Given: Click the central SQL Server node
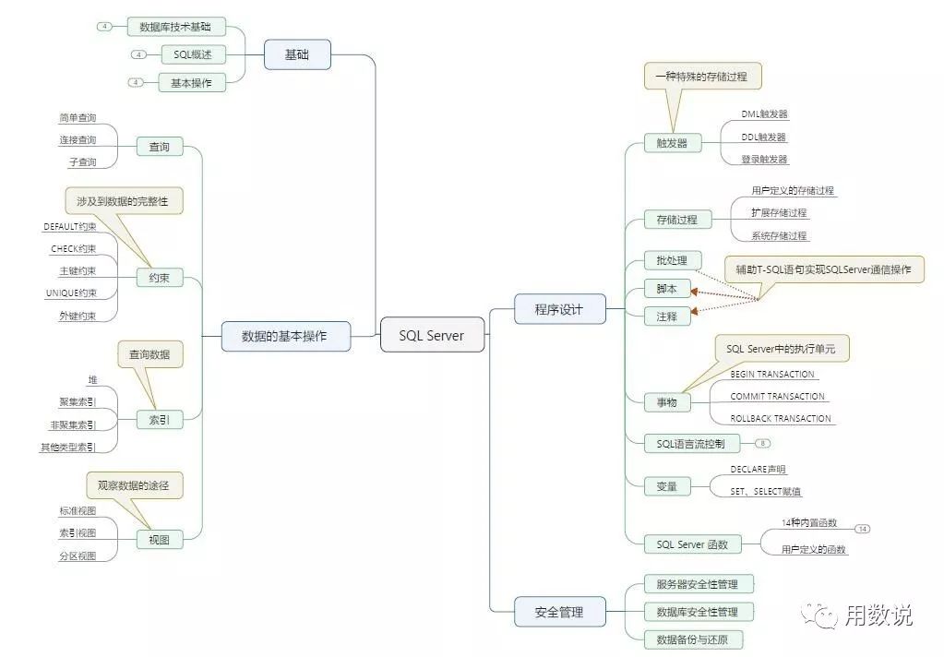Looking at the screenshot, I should click(432, 336).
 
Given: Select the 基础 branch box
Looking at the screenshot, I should click(297, 54).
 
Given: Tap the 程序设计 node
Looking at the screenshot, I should click(559, 309).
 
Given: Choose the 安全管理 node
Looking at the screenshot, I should click(559, 611).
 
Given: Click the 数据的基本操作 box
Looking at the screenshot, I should click(285, 336).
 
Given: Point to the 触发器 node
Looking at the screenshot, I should click(672, 143).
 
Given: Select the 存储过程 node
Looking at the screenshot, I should click(677, 220).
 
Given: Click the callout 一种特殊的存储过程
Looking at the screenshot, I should click(702, 77).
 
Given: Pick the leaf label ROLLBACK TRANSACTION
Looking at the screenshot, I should click(781, 418).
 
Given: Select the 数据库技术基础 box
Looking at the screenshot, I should click(175, 27).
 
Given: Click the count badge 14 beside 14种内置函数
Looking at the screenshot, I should click(863, 529).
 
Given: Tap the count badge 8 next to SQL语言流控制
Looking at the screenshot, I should click(764, 444).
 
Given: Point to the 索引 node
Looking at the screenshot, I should click(160, 420).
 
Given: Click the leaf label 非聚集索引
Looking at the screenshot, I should click(73, 425).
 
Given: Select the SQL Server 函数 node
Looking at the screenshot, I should click(692, 544).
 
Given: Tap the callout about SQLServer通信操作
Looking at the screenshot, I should click(823, 269).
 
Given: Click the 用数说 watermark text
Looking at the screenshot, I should click(878, 615).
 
